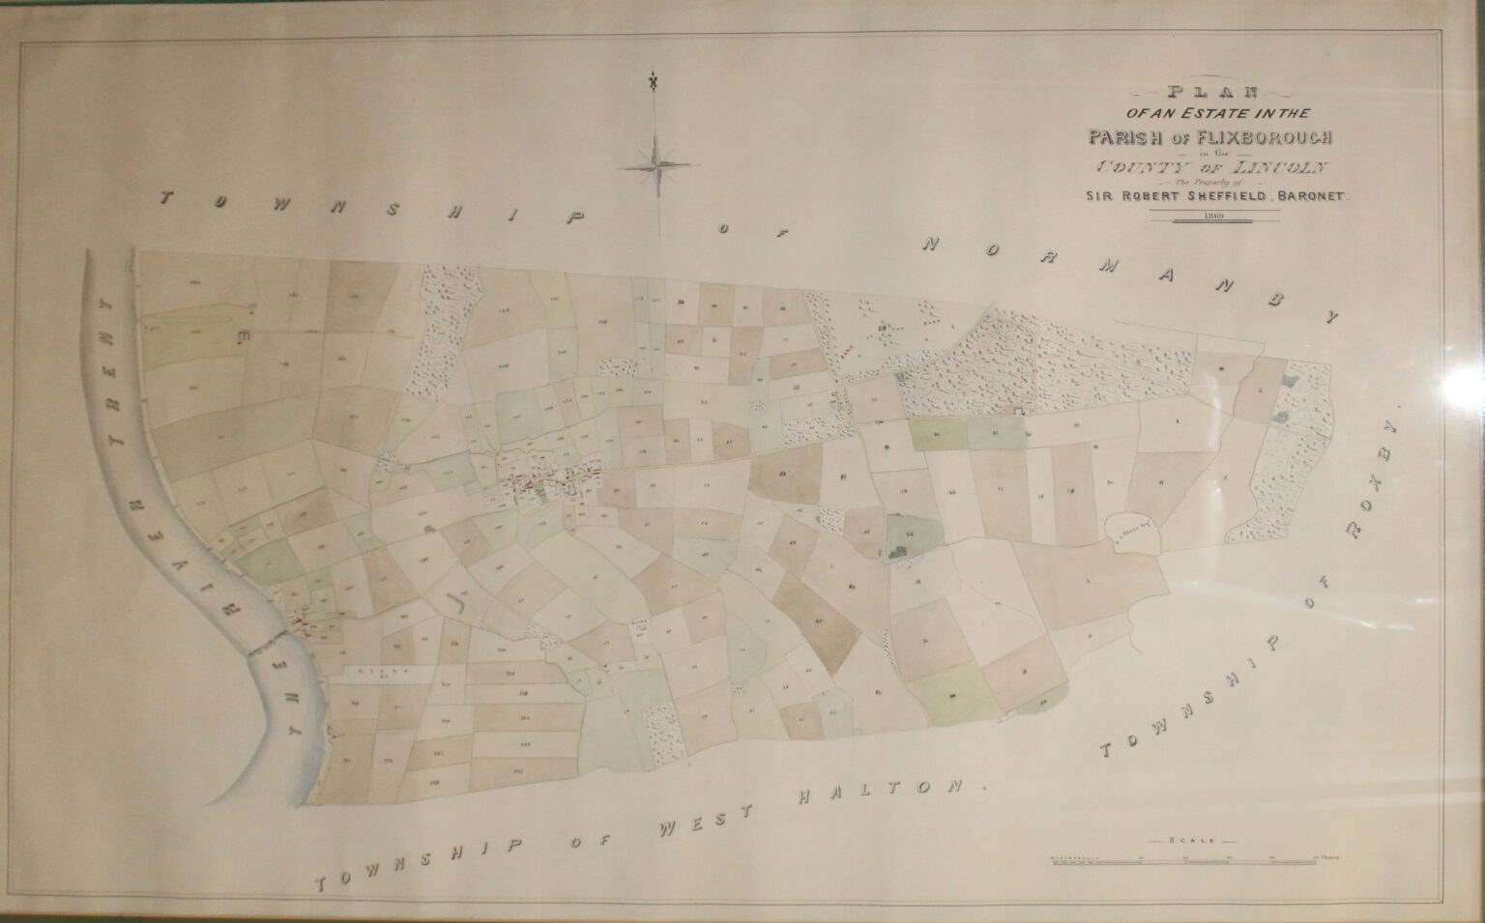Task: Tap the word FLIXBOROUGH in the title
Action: tap(1271, 135)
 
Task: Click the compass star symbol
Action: tap(657, 162)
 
